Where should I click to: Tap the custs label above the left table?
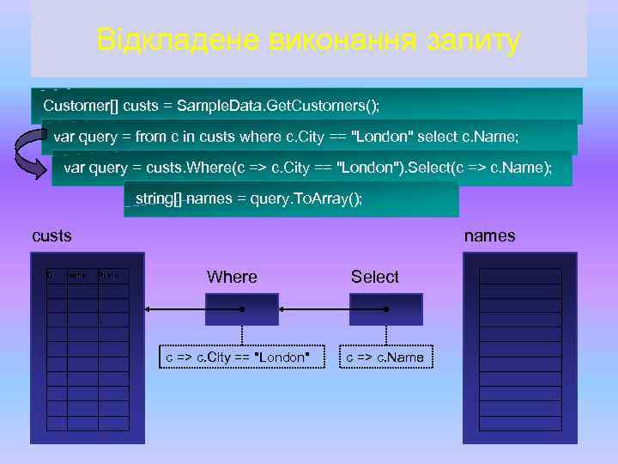click(x=51, y=235)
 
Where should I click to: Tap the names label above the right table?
click(x=490, y=235)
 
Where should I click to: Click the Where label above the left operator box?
click(x=232, y=277)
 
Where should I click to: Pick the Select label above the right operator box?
click(x=374, y=277)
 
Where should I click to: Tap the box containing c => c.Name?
click(x=384, y=357)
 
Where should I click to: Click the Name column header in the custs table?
click(x=76, y=276)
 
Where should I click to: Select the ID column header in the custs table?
click(x=51, y=276)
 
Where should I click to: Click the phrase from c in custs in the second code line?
click(x=185, y=137)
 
